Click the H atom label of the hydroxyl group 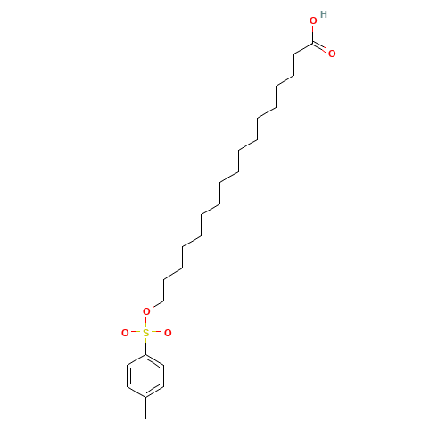pos(324,14)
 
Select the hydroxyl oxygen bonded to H pos(313,21)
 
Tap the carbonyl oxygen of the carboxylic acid pos(332,54)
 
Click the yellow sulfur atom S pos(145,333)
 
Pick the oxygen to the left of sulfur pos(125,333)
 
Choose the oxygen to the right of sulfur pos(168,333)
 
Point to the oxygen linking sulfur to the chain pos(146,311)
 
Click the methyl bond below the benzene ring pos(145,408)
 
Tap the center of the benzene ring pos(145,376)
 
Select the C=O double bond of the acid pos(319,47)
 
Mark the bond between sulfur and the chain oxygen pos(145,322)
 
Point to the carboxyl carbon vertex pos(313,44)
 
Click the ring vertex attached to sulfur pos(145,354)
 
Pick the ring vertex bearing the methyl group pos(145,397)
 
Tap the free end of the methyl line pos(145,419)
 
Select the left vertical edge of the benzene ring pos(128,376)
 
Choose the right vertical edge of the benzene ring pos(164,376)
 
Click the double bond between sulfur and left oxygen pos(136,333)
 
